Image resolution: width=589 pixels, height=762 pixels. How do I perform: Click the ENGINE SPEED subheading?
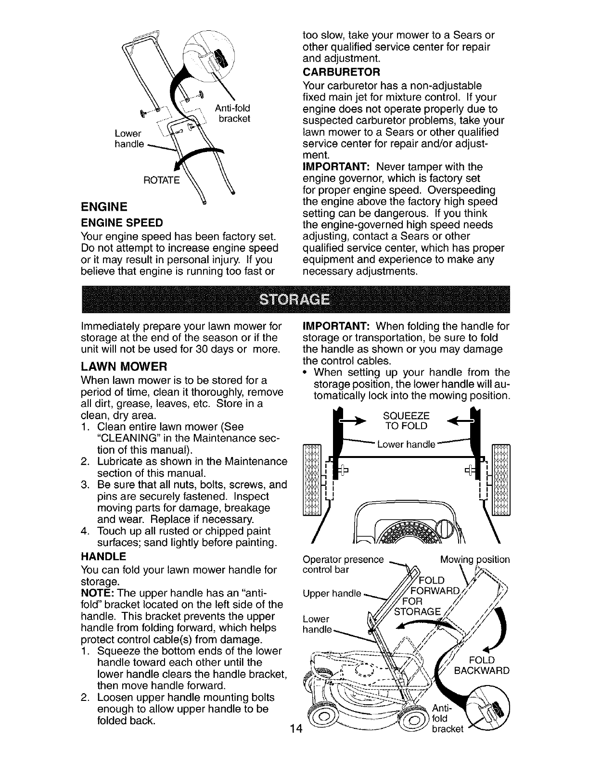click(x=122, y=223)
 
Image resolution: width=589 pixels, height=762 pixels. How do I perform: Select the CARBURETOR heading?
click(x=342, y=73)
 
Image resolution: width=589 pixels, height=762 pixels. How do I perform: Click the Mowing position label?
click(x=475, y=560)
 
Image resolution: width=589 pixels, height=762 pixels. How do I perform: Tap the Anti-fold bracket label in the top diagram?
click(x=232, y=114)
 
